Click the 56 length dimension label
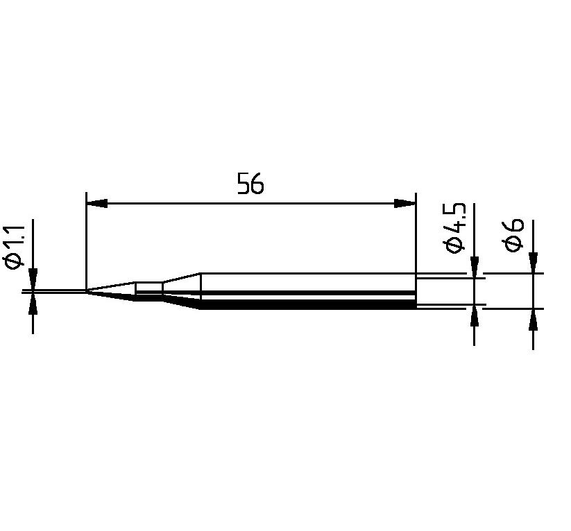pyautogui.click(x=250, y=184)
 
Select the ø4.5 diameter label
pyautogui.click(x=455, y=228)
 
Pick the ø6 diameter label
pyautogui.click(x=513, y=235)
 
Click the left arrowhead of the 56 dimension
pyautogui.click(x=97, y=203)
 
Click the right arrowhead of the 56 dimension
pyautogui.click(x=405, y=203)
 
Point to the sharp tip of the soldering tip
pyautogui.click(x=86, y=290)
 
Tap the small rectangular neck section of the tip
pyautogui.click(x=149, y=290)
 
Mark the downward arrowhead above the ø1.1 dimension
pyautogui.click(x=33, y=279)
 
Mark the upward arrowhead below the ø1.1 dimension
pyautogui.click(x=33, y=303)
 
